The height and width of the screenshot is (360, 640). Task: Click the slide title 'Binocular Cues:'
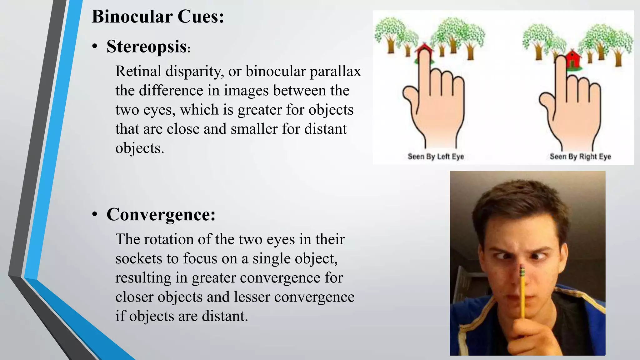click(158, 17)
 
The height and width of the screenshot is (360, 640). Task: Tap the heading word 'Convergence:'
click(161, 215)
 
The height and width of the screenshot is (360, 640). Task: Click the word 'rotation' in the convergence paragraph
click(168, 239)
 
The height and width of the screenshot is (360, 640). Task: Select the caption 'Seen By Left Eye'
click(436, 156)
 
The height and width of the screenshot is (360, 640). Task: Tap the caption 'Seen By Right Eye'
click(580, 156)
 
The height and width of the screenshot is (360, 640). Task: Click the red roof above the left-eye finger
click(424, 48)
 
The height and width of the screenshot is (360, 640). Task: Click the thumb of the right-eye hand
click(546, 100)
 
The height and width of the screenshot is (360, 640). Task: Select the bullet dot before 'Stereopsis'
click(95, 47)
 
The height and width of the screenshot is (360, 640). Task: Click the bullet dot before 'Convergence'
click(95, 215)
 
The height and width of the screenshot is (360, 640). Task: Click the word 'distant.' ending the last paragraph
click(225, 316)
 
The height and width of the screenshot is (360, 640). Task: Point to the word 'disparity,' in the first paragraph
click(195, 71)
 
